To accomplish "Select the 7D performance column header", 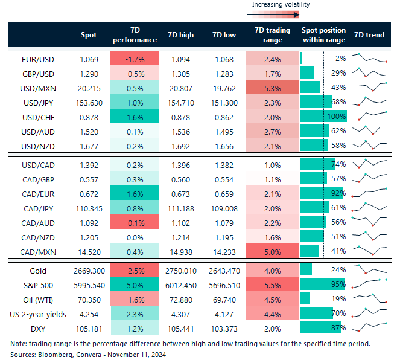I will tap(134, 35).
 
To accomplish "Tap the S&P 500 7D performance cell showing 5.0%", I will tap(134, 285).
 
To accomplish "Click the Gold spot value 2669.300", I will tap(84, 271).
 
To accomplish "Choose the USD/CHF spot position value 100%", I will tap(337, 116).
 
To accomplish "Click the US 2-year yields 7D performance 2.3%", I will tap(134, 313).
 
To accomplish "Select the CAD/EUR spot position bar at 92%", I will tap(322, 193).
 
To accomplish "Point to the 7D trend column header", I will tap(369, 35).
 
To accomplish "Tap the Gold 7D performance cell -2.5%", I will tap(134, 271).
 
